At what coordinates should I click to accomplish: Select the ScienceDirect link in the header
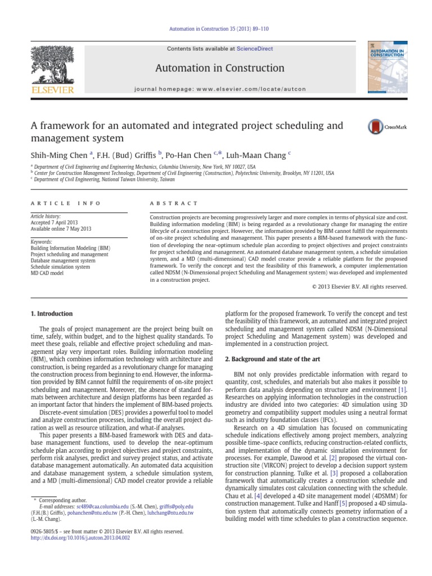point(255,49)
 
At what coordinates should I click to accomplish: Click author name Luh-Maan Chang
point(264,154)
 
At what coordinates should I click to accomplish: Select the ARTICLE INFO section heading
point(66,203)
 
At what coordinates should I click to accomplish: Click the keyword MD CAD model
point(47,273)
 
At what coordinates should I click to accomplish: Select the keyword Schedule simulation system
point(60,267)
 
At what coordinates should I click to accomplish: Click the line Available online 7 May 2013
point(61,229)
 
